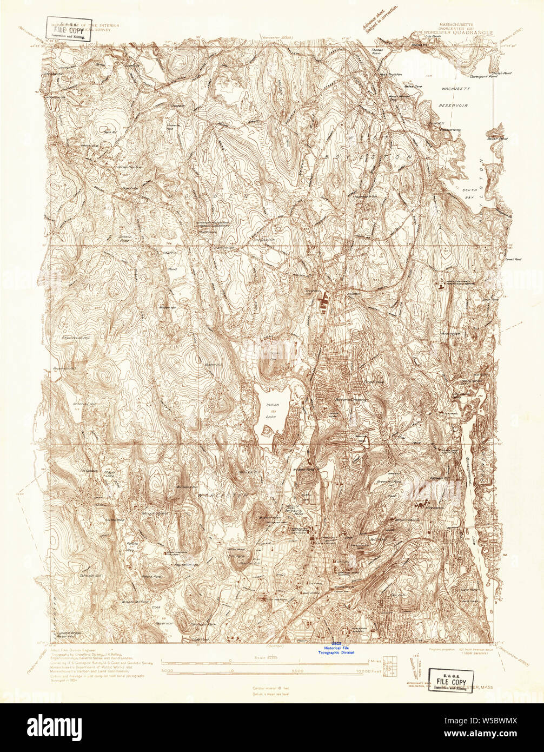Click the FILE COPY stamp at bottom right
[451, 680]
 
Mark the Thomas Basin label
[377, 52]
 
